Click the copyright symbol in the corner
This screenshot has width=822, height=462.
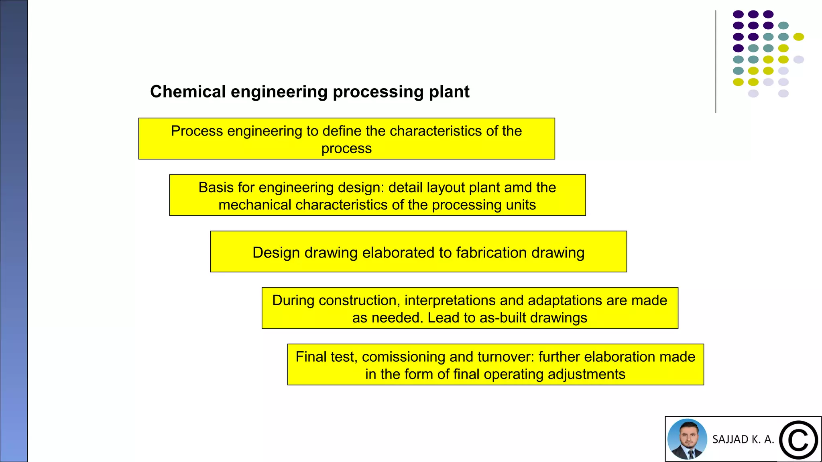click(x=798, y=440)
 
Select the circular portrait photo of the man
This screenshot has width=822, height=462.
click(x=687, y=439)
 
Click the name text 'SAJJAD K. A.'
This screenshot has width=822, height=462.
click(x=743, y=440)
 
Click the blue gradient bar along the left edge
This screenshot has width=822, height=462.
click(x=14, y=231)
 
